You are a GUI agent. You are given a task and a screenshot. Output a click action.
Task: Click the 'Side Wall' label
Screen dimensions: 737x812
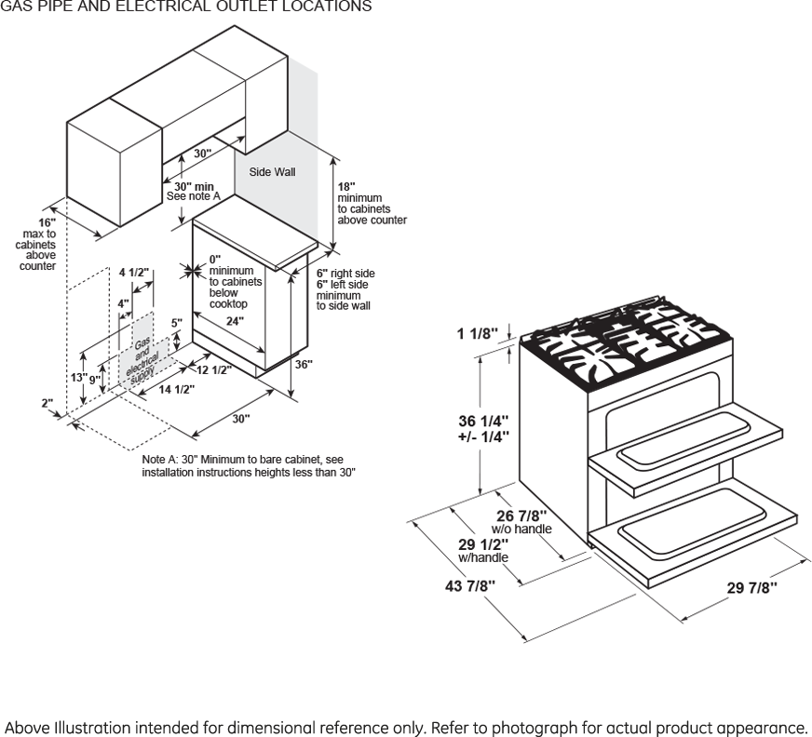click(x=272, y=172)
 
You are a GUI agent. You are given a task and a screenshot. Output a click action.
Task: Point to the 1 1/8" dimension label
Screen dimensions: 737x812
click(x=479, y=333)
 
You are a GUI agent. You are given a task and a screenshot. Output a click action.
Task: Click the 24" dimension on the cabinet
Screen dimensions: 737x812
click(x=235, y=321)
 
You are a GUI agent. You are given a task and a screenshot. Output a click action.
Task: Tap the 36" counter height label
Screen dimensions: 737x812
click(x=304, y=365)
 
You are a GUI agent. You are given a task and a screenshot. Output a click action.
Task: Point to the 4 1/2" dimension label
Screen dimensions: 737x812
click(x=134, y=272)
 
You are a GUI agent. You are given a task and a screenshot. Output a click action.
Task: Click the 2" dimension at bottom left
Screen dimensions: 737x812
click(x=47, y=403)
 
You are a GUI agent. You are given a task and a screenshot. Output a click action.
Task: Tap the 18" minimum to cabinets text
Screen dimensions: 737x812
click(x=345, y=186)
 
